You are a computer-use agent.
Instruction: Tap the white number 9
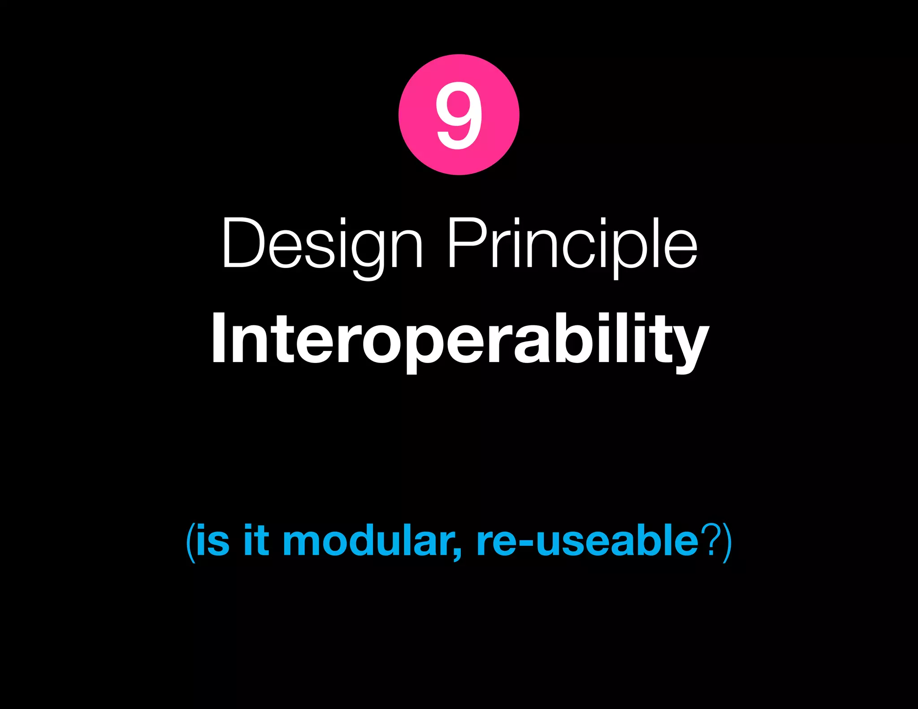pyautogui.click(x=459, y=115)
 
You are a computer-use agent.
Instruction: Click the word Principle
pyautogui.click(x=572, y=244)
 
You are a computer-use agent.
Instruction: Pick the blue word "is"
pyautogui.click(x=212, y=541)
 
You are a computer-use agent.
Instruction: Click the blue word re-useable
pyautogui.click(x=587, y=541)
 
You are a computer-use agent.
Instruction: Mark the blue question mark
pyautogui.click(x=711, y=541)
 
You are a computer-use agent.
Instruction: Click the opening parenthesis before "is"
pyautogui.click(x=191, y=542)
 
